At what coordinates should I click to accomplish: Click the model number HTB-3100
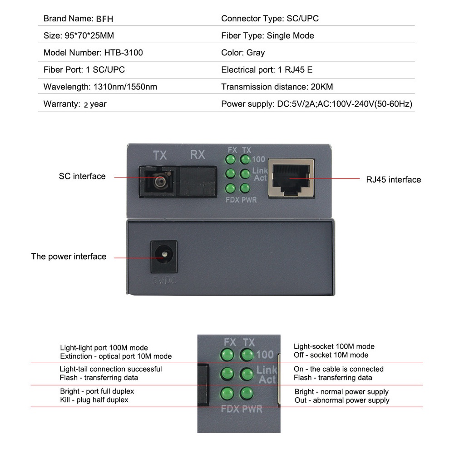[123, 53]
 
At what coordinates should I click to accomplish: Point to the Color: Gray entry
[243, 53]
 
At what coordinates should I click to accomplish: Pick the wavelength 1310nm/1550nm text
[125, 87]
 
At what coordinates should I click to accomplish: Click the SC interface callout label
[82, 176]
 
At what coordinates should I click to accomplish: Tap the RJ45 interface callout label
[393, 180]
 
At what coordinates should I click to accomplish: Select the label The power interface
[69, 257]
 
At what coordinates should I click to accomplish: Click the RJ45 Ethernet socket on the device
[291, 178]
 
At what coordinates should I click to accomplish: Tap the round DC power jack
[163, 257]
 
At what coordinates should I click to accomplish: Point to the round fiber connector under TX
[159, 182]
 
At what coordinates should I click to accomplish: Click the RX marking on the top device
[197, 155]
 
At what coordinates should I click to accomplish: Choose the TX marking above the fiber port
[159, 155]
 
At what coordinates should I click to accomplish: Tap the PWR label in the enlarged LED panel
[252, 409]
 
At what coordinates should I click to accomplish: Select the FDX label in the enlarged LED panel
[230, 409]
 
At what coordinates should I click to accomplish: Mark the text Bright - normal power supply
[341, 391]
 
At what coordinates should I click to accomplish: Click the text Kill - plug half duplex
[94, 400]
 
